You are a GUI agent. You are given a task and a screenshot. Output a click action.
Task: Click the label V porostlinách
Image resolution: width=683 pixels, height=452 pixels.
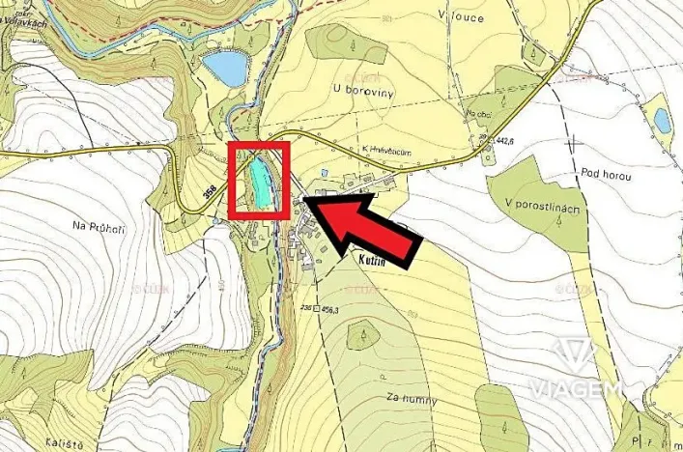(x=543, y=210)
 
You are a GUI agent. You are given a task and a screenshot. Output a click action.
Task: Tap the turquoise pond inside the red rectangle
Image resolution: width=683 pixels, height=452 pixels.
(x=259, y=182)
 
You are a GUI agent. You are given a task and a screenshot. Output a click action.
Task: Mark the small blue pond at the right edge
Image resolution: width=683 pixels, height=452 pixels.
(x=662, y=120)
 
